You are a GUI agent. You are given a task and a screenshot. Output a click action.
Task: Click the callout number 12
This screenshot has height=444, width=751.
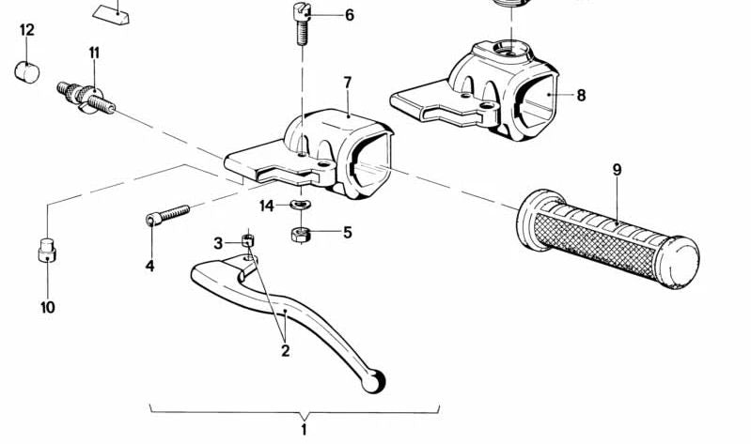click(27, 30)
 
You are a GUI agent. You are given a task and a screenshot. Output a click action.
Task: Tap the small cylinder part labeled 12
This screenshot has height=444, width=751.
click(27, 72)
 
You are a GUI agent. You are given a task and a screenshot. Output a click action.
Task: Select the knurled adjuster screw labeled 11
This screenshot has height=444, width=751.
click(86, 98)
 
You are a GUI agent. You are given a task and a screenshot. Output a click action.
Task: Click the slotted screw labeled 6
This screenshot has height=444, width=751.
click(302, 23)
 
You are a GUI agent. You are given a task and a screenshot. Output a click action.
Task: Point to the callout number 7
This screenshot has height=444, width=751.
click(348, 83)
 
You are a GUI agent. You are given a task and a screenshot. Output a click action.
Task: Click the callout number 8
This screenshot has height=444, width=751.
click(581, 95)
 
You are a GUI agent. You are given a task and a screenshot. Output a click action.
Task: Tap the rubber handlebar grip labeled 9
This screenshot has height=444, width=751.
click(608, 238)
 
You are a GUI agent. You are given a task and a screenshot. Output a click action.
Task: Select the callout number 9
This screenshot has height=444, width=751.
click(617, 170)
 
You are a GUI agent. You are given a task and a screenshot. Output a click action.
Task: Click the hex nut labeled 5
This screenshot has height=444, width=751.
click(300, 235)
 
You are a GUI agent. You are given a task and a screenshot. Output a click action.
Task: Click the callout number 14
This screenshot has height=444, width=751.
click(267, 207)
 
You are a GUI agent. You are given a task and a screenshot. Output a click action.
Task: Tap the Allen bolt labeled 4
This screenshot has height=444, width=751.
click(167, 215)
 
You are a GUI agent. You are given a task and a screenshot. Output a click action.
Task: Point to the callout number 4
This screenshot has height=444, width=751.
click(149, 266)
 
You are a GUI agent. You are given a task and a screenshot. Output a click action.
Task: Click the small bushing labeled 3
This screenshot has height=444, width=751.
click(247, 239)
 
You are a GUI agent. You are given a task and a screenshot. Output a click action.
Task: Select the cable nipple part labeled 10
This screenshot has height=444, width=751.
click(47, 251)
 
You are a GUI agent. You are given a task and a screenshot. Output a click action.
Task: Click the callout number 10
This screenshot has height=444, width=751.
click(47, 307)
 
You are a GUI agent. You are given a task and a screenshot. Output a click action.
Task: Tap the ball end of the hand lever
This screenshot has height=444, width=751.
click(373, 382)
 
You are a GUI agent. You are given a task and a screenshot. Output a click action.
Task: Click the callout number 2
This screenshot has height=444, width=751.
click(286, 351)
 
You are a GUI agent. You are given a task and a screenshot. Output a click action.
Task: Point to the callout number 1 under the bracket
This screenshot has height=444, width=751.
click(304, 429)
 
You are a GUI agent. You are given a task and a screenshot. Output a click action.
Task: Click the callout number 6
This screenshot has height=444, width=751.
click(350, 15)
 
